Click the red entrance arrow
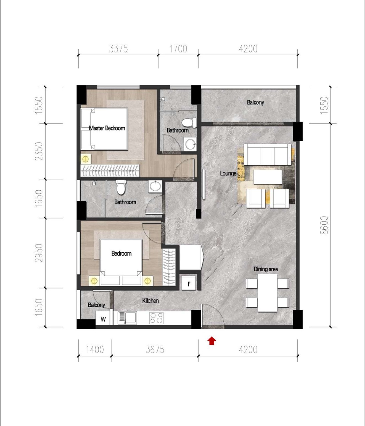pos(211,341)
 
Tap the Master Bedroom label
pos(107,128)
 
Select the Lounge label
pos(228,173)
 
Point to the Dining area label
pos(266,269)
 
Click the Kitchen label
pos(151,301)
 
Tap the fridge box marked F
pos(188,283)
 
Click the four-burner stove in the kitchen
pos(157,318)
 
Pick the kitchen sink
pos(127,318)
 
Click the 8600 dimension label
pos(324,225)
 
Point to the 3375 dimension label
pos(118,49)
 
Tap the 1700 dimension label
pos(178,49)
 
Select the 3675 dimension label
pos(155,350)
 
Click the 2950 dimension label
pos(39,253)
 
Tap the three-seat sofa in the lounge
pos(267,154)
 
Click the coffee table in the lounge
pos(267,177)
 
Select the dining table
pos(267,293)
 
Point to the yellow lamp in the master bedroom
pos(85,159)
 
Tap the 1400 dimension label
pos(95,350)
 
